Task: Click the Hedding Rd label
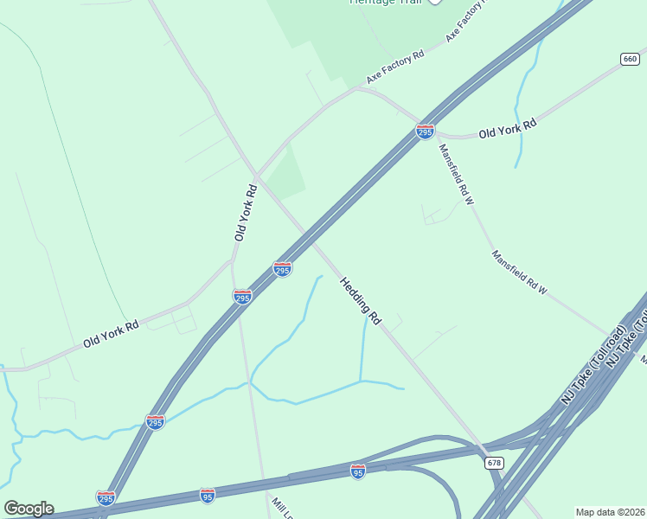361,300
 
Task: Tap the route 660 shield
630,59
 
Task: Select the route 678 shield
494,463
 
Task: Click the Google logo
29,509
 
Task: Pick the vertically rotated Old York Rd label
246,212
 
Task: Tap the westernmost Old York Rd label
111,335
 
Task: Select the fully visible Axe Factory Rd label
395,67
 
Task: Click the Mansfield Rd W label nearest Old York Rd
457,174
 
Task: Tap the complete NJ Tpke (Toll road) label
593,364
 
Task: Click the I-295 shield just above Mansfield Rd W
425,131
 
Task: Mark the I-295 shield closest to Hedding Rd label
282,269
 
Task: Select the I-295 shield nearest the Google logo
106,497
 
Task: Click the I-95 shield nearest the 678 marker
358,471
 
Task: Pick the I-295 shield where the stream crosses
155,422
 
